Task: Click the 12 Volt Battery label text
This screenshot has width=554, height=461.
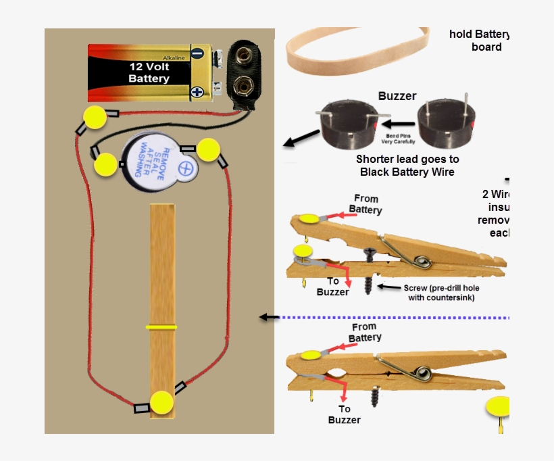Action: tap(149, 73)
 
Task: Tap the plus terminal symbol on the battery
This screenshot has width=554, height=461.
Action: tap(197, 91)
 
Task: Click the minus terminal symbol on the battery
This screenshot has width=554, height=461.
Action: tap(197, 53)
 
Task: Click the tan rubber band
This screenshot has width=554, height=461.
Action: tap(357, 51)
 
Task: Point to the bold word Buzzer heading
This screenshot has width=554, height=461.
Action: tap(397, 96)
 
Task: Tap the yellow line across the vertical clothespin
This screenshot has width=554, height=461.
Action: tap(161, 326)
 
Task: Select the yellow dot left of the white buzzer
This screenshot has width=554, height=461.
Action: tap(106, 164)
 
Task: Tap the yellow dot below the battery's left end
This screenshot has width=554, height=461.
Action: tap(95, 118)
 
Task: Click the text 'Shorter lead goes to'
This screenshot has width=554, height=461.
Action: tap(407, 160)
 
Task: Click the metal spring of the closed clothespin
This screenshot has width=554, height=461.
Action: tap(422, 372)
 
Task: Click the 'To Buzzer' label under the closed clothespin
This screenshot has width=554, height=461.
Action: tap(345, 414)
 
